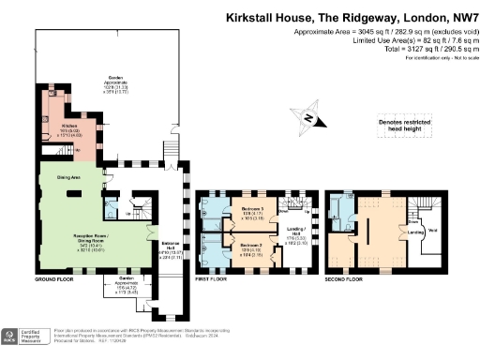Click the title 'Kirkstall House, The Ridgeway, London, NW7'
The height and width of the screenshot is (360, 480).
tap(345, 17)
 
